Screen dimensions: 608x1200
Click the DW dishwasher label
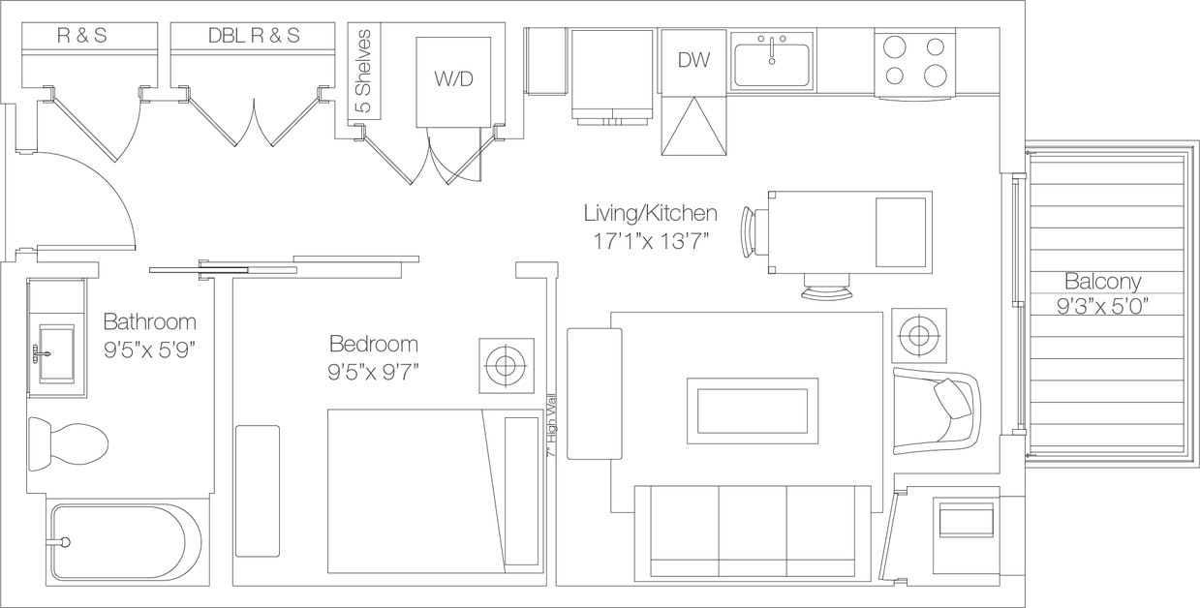point(693,60)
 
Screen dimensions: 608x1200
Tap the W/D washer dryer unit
point(453,80)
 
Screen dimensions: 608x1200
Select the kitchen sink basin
point(771,64)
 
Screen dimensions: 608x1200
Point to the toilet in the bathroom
point(67,443)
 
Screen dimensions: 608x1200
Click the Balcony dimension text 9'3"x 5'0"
point(1102,307)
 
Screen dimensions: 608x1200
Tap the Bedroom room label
point(373,344)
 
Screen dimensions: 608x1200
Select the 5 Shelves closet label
point(364,73)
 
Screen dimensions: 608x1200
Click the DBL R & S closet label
point(254,36)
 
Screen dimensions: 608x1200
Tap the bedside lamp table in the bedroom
point(506,366)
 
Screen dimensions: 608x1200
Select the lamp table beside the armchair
point(918,336)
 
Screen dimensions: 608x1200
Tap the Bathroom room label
point(149,321)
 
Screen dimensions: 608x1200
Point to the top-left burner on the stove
point(895,46)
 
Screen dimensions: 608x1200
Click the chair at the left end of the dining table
point(753,232)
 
